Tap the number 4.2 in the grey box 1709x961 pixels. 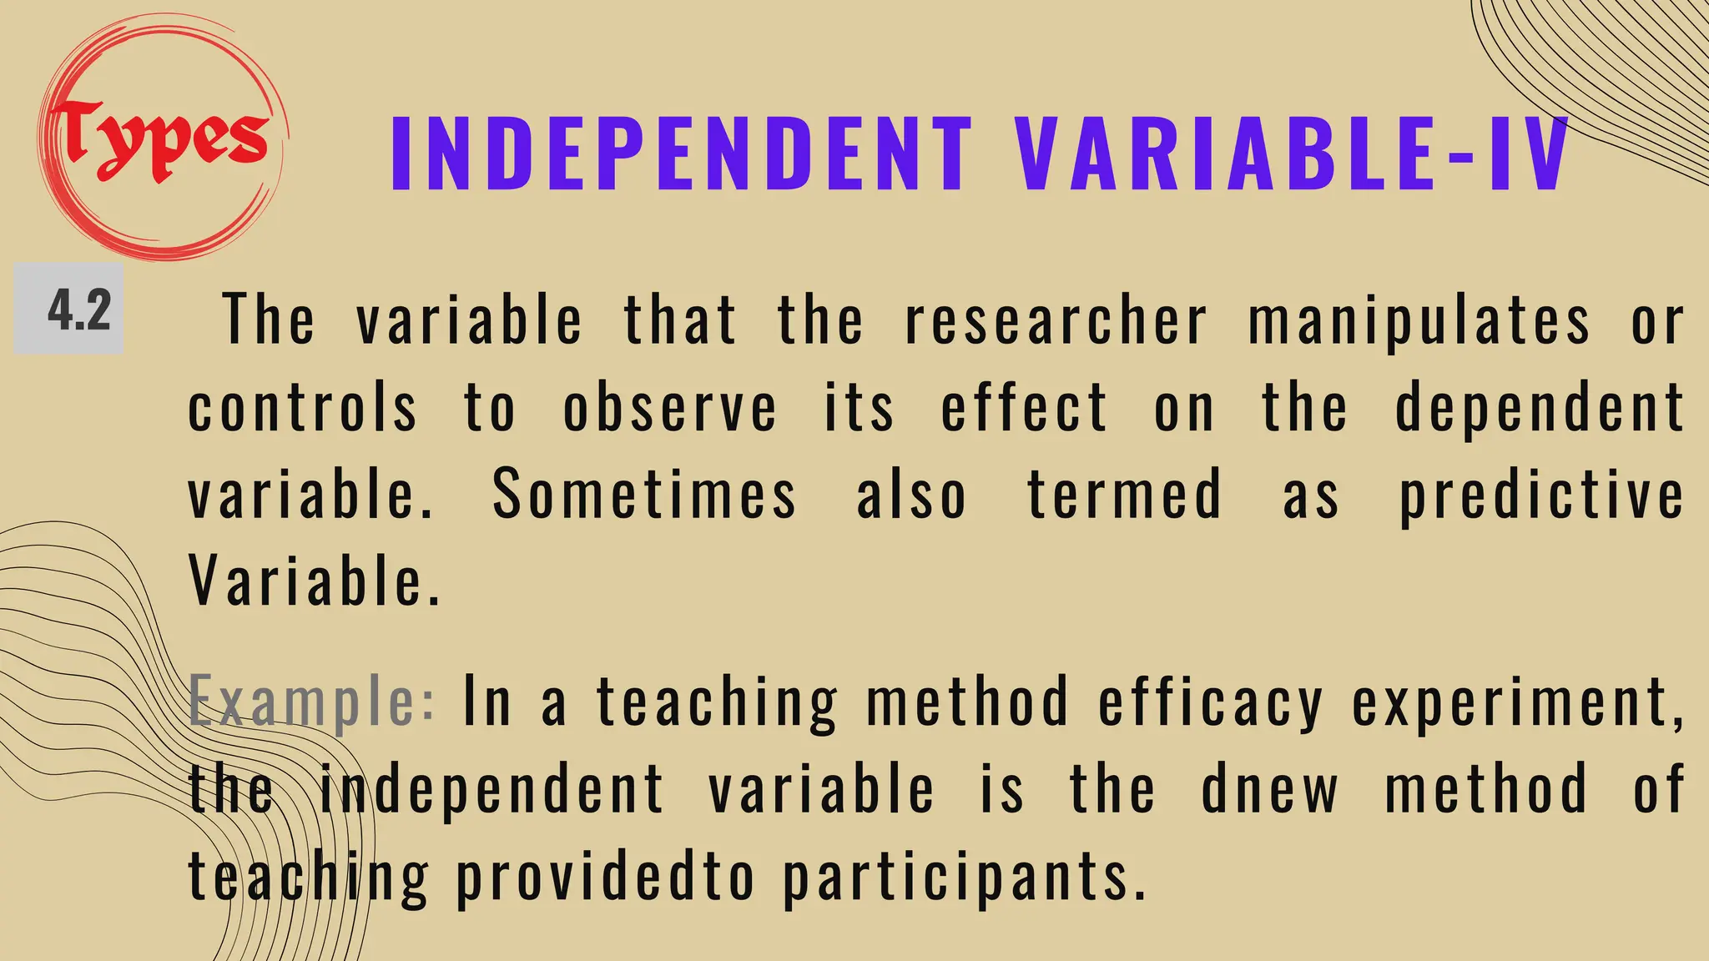(78, 310)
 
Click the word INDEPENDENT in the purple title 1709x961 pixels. (681, 155)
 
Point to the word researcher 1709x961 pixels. (1056, 320)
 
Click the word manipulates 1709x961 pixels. (1419, 320)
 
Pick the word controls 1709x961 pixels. (302, 408)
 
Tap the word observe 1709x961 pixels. (670, 408)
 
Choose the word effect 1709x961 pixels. (1025, 408)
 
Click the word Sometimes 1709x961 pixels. (644, 495)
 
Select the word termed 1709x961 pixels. (1124, 495)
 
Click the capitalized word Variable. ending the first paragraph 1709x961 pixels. (314, 581)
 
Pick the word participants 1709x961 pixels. (964, 878)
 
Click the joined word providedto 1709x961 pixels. (605, 878)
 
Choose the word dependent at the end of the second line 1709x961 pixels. (1540, 410)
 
